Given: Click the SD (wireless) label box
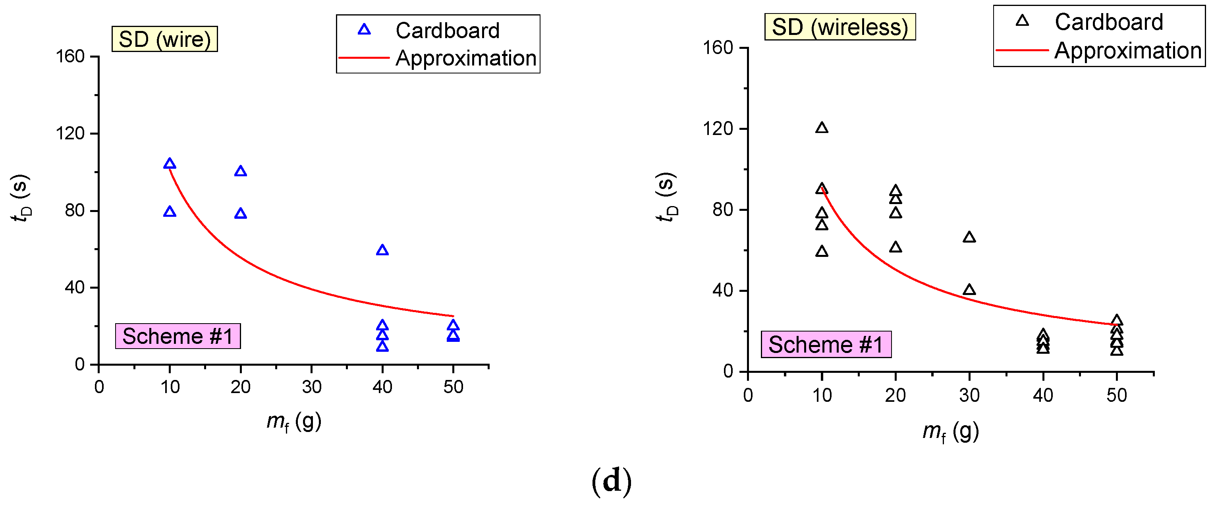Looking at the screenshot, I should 840,27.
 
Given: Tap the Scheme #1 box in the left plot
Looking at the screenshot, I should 178,336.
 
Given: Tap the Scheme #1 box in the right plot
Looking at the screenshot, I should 826,344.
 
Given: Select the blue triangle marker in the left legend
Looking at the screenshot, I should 364,30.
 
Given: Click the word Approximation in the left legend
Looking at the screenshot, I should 466,58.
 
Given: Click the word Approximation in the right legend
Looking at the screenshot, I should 1128,50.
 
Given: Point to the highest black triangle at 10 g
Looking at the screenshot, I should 822,127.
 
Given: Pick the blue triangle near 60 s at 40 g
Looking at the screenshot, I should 382,250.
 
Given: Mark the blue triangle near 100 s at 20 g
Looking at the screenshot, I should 240,171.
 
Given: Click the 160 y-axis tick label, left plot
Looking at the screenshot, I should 70,56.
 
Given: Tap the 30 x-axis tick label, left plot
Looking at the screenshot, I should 311,387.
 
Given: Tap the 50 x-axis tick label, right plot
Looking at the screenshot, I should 1116,395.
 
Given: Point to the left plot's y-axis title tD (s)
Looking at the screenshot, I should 21,198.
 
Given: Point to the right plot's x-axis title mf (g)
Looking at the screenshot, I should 950,432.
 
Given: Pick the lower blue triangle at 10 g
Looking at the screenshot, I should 170,212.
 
